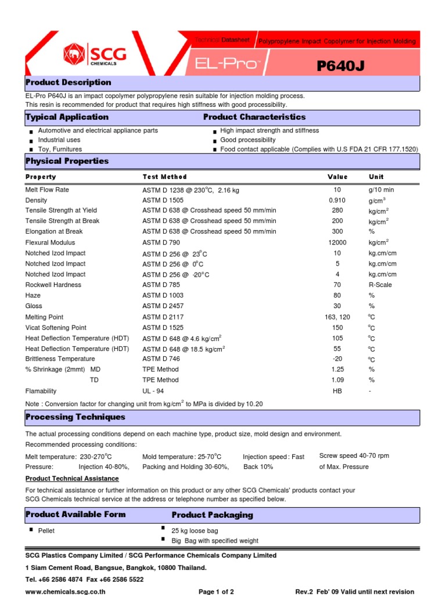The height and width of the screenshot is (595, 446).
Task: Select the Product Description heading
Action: [x=68, y=83]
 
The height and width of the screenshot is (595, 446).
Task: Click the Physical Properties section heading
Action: [x=67, y=161]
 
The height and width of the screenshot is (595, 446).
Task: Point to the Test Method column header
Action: [x=165, y=177]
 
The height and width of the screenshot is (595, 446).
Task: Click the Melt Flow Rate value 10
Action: [x=337, y=190]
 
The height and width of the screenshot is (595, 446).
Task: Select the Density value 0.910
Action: [x=337, y=200]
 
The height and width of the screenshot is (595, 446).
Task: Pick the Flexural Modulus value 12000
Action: [x=337, y=242]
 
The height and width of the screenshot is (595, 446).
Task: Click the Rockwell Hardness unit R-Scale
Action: [x=380, y=285]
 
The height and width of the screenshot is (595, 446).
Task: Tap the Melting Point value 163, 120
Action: [x=337, y=317]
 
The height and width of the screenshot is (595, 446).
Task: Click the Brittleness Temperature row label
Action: [x=60, y=359]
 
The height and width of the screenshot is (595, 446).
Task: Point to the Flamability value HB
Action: [x=337, y=391]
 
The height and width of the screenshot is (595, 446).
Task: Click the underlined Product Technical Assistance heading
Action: [x=72, y=478]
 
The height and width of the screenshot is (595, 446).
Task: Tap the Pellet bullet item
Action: [x=46, y=531]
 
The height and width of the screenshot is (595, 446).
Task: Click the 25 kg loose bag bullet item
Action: [x=195, y=531]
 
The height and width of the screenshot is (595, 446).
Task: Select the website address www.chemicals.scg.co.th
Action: [x=65, y=592]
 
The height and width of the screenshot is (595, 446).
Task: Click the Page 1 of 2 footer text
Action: [x=216, y=592]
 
